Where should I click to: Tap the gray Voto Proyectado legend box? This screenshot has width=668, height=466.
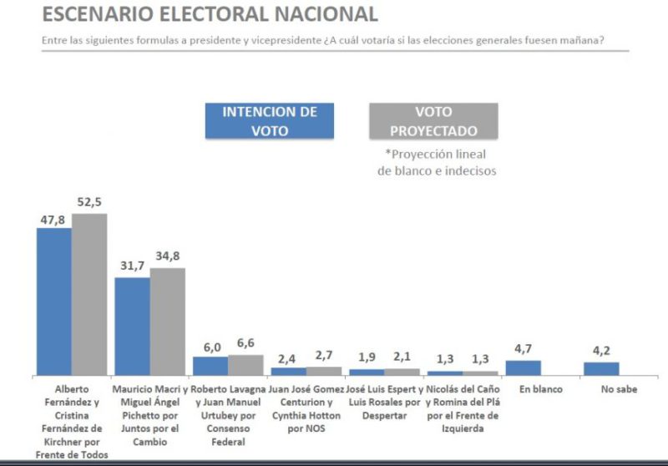coord(433,120)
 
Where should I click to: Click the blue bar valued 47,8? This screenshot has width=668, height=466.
coord(54,301)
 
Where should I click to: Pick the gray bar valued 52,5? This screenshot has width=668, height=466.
coord(89,294)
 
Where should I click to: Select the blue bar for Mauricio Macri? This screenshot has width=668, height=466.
coord(132,326)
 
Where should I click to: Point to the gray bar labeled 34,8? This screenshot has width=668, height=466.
coord(167,321)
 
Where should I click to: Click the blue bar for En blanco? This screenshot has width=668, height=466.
coord(524,367)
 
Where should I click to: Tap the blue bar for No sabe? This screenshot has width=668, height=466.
coord(601,368)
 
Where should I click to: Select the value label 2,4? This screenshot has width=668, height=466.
coord(287,359)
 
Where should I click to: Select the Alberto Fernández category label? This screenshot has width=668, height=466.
coord(72,422)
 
